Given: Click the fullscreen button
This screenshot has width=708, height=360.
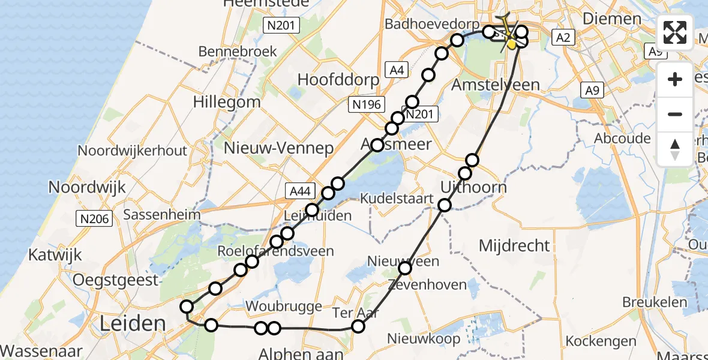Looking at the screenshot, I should coord(676,32).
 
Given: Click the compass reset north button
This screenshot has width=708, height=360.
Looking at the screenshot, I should coord(676,149).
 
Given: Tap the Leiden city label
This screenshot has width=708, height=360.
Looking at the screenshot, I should coord(133,323).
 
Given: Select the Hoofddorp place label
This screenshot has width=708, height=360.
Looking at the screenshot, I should coord(338,80).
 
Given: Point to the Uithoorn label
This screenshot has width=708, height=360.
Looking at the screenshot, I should coord(473,187).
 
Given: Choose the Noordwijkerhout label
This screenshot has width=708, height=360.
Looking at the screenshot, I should coord(136,151).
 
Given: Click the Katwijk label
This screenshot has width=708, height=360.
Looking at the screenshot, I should coord(55,256).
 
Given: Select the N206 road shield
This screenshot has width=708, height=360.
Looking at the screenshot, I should coord(94,219).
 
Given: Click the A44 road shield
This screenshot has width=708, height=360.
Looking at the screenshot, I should coord(299,191).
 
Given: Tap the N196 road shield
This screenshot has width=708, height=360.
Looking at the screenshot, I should coord(365,105).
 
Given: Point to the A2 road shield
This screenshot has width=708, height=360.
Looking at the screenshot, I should coord(563,38).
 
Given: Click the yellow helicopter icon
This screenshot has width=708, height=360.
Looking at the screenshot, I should coord(509,33).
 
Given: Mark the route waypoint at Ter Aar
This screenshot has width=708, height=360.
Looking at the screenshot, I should coord(358,326).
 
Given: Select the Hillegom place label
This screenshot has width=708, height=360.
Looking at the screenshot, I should coord(227,101).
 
